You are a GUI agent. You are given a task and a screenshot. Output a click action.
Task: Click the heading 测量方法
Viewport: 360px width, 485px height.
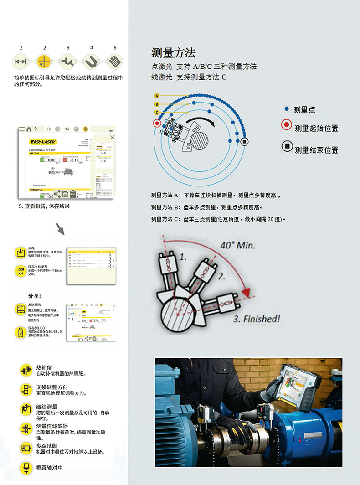(x=173, y=53)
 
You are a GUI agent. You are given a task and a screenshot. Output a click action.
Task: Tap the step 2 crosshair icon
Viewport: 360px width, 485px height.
(x=44, y=61)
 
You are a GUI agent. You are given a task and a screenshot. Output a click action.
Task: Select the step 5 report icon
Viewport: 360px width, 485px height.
(x=115, y=61)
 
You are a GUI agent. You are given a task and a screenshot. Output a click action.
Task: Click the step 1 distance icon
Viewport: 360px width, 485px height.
(x=20, y=61)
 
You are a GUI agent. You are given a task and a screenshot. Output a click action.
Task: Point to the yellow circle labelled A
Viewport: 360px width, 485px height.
(x=157, y=96)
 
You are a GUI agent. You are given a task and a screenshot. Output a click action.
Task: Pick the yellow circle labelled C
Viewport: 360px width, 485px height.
(x=157, y=112)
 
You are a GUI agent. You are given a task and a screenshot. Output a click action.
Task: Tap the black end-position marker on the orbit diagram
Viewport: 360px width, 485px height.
(x=245, y=142)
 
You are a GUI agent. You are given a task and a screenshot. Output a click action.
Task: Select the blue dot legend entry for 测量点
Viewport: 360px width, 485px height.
(x=286, y=109)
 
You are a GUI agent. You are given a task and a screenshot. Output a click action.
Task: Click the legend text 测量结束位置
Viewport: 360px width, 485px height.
(x=316, y=150)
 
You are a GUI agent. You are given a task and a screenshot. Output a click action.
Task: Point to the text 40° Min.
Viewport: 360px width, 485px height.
(x=237, y=245)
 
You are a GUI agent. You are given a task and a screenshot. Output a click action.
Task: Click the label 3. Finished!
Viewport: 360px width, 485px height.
(x=257, y=319)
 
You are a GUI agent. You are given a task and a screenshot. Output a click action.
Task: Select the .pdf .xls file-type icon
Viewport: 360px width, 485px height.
(x=21, y=271)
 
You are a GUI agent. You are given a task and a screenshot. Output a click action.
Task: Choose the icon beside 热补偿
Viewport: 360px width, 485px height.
(x=26, y=370)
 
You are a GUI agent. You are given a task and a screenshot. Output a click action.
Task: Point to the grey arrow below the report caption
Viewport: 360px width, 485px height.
(x=60, y=228)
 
